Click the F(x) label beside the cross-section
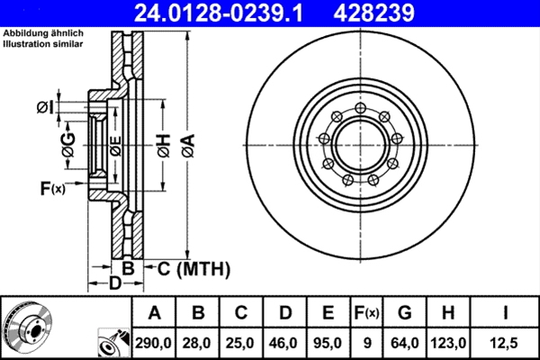pyautogui.click(x=52, y=188)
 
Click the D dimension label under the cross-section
pyautogui.click(x=114, y=284)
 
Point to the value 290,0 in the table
pyautogui.click(x=155, y=342)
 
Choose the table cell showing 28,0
pyautogui.click(x=199, y=342)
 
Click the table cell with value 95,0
pyautogui.click(x=328, y=342)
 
